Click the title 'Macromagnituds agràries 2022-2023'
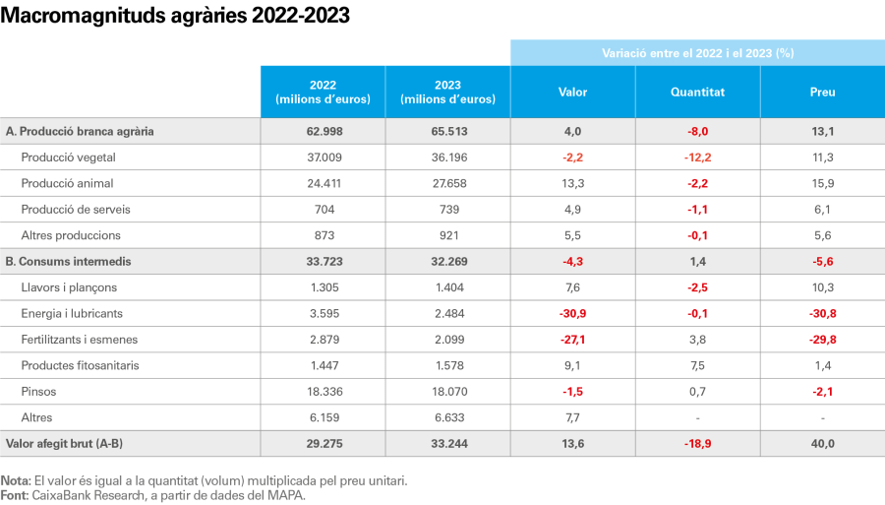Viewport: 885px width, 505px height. tap(175, 17)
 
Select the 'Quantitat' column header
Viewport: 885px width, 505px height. tap(697, 93)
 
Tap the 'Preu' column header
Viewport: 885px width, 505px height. tap(822, 93)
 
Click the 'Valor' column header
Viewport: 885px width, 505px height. tap(572, 93)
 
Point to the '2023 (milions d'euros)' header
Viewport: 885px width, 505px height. tap(447, 93)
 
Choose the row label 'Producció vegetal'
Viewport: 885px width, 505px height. tap(68, 158)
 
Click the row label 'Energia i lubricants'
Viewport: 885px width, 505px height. tap(72, 313)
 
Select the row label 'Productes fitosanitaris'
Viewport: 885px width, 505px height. tap(80, 365)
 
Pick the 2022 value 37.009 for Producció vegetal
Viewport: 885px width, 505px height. tap(323, 158)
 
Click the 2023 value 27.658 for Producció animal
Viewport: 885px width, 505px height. tap(447, 183)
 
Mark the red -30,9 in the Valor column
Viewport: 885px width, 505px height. tap(572, 313)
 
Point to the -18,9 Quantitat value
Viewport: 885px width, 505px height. tap(697, 444)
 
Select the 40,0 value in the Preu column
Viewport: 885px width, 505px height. tap(822, 444)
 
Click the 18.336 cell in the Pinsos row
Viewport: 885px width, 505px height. tap(323, 392)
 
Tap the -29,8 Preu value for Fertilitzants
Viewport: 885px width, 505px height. tap(822, 340)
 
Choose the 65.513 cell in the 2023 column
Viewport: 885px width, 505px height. tap(447, 131)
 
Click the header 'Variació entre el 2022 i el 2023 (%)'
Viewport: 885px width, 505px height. tap(697, 53)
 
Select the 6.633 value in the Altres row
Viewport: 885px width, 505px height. tap(447, 417)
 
